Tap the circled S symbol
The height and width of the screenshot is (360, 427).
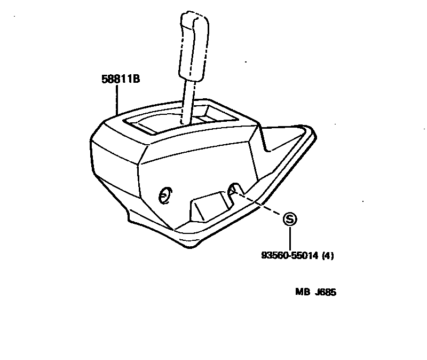[289, 218]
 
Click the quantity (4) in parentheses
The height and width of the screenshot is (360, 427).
[328, 256]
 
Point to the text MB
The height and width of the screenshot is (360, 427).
[303, 292]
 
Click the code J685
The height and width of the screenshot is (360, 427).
[327, 292]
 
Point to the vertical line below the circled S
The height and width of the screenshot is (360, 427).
[289, 237]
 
